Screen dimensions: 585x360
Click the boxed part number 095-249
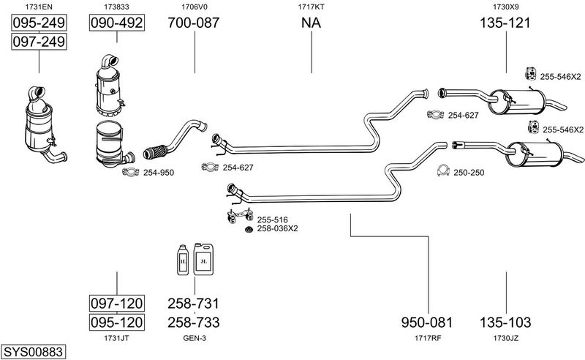(x=39, y=23)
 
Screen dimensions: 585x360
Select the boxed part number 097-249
(x=39, y=41)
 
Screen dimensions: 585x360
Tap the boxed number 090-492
(x=117, y=23)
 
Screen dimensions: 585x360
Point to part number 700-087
(x=193, y=23)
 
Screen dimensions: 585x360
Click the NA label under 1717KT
(x=312, y=23)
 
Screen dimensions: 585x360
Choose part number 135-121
(x=505, y=23)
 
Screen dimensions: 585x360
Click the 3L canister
(x=203, y=259)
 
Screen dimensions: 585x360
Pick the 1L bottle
(x=183, y=260)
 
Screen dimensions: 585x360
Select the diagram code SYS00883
(x=33, y=351)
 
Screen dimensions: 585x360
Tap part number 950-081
(x=427, y=322)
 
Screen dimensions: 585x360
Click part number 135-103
(x=505, y=322)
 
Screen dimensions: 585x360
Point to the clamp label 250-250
(x=469, y=173)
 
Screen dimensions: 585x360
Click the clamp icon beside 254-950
(x=131, y=172)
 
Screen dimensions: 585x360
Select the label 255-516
(x=272, y=220)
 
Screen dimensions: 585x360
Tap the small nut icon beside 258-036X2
(x=249, y=229)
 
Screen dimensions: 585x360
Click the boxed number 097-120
(x=117, y=303)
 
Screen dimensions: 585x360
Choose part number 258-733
(x=194, y=322)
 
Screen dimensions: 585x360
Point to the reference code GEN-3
(x=195, y=338)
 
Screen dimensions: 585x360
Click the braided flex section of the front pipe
(x=155, y=152)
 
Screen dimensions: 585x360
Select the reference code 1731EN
(x=39, y=7)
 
